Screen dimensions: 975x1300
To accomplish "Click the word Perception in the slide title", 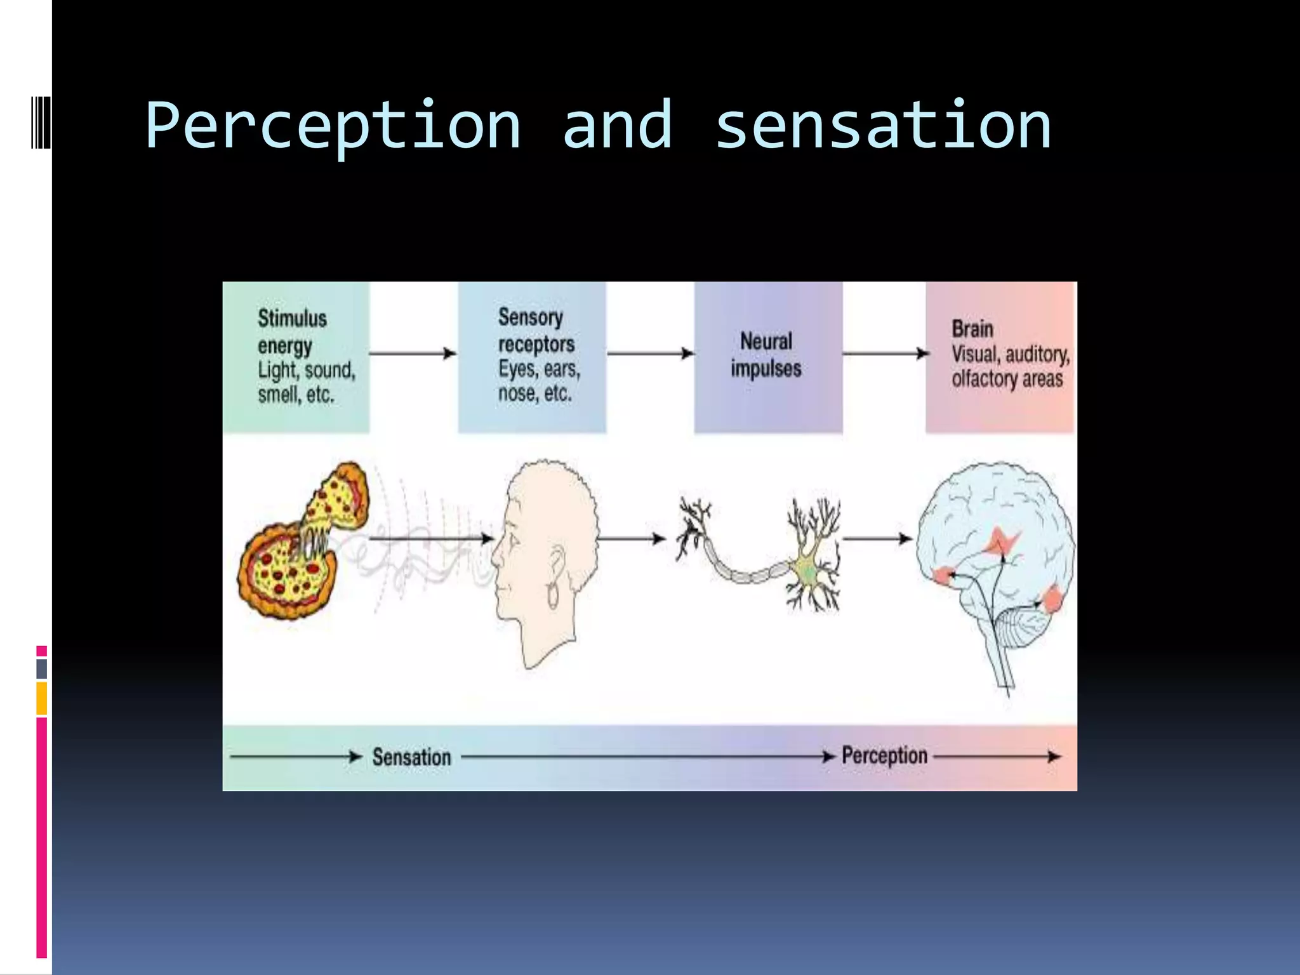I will pyautogui.click(x=333, y=127).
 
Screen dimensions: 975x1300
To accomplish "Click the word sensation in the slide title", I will pyautogui.click(x=883, y=127).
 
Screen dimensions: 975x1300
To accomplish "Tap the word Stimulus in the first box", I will pyautogui.click(x=292, y=318).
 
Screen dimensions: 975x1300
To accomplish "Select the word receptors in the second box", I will pyautogui.click(x=536, y=344).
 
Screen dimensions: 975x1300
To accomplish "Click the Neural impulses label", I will pyautogui.click(x=766, y=355).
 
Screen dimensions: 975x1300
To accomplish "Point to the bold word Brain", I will pyautogui.click(x=972, y=329).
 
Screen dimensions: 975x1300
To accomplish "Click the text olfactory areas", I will pyautogui.click(x=1007, y=379).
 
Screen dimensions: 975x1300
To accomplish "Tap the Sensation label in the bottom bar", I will pyautogui.click(x=411, y=757).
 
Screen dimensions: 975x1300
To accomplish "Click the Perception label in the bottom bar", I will pyautogui.click(x=884, y=755).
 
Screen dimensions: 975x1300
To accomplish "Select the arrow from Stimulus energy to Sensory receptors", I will pyautogui.click(x=413, y=353).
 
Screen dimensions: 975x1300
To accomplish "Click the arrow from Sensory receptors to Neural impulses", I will pyautogui.click(x=650, y=353).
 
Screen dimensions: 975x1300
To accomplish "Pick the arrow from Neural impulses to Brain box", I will pyautogui.click(x=885, y=353).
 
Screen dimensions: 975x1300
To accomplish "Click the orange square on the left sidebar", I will pyautogui.click(x=42, y=698).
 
